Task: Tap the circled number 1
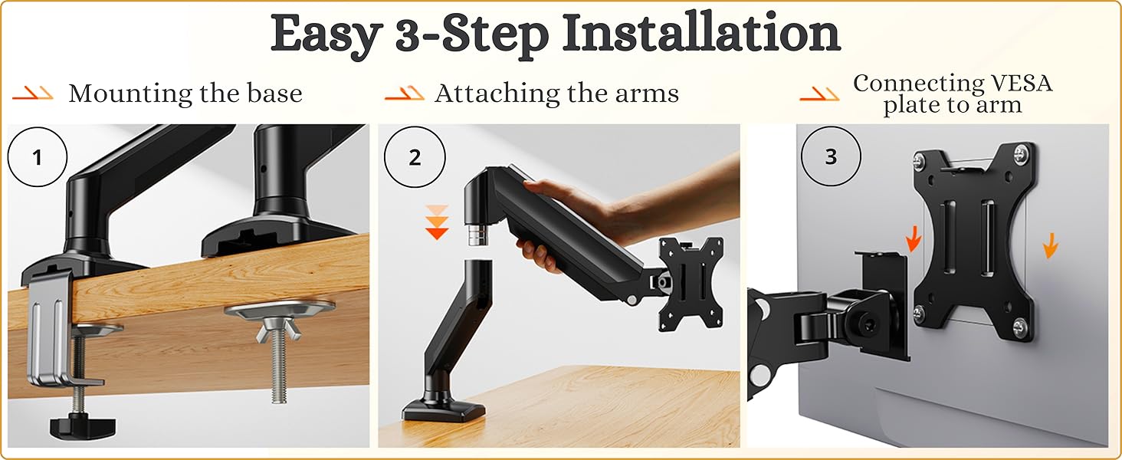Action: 38,159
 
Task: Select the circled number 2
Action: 415,158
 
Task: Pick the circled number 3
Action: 831,158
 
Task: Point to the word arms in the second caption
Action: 651,94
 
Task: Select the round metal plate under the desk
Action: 280,310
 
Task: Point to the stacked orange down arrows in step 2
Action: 436,222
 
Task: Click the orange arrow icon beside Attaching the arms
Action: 404,94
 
